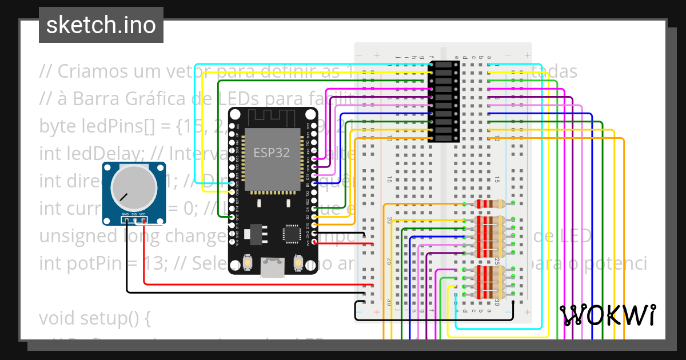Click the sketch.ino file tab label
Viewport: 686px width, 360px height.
point(101,25)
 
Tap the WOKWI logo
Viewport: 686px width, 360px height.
point(607,315)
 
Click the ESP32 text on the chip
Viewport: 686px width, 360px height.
point(272,153)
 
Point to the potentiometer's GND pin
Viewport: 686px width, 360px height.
point(125,219)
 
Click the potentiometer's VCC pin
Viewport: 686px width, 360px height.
point(143,219)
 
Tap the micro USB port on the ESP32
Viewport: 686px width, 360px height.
point(273,267)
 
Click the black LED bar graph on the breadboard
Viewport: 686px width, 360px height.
point(444,102)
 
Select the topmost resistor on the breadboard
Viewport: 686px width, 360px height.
point(489,204)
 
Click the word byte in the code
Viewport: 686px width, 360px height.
point(55,126)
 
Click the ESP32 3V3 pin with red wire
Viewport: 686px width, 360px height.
point(313,242)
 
